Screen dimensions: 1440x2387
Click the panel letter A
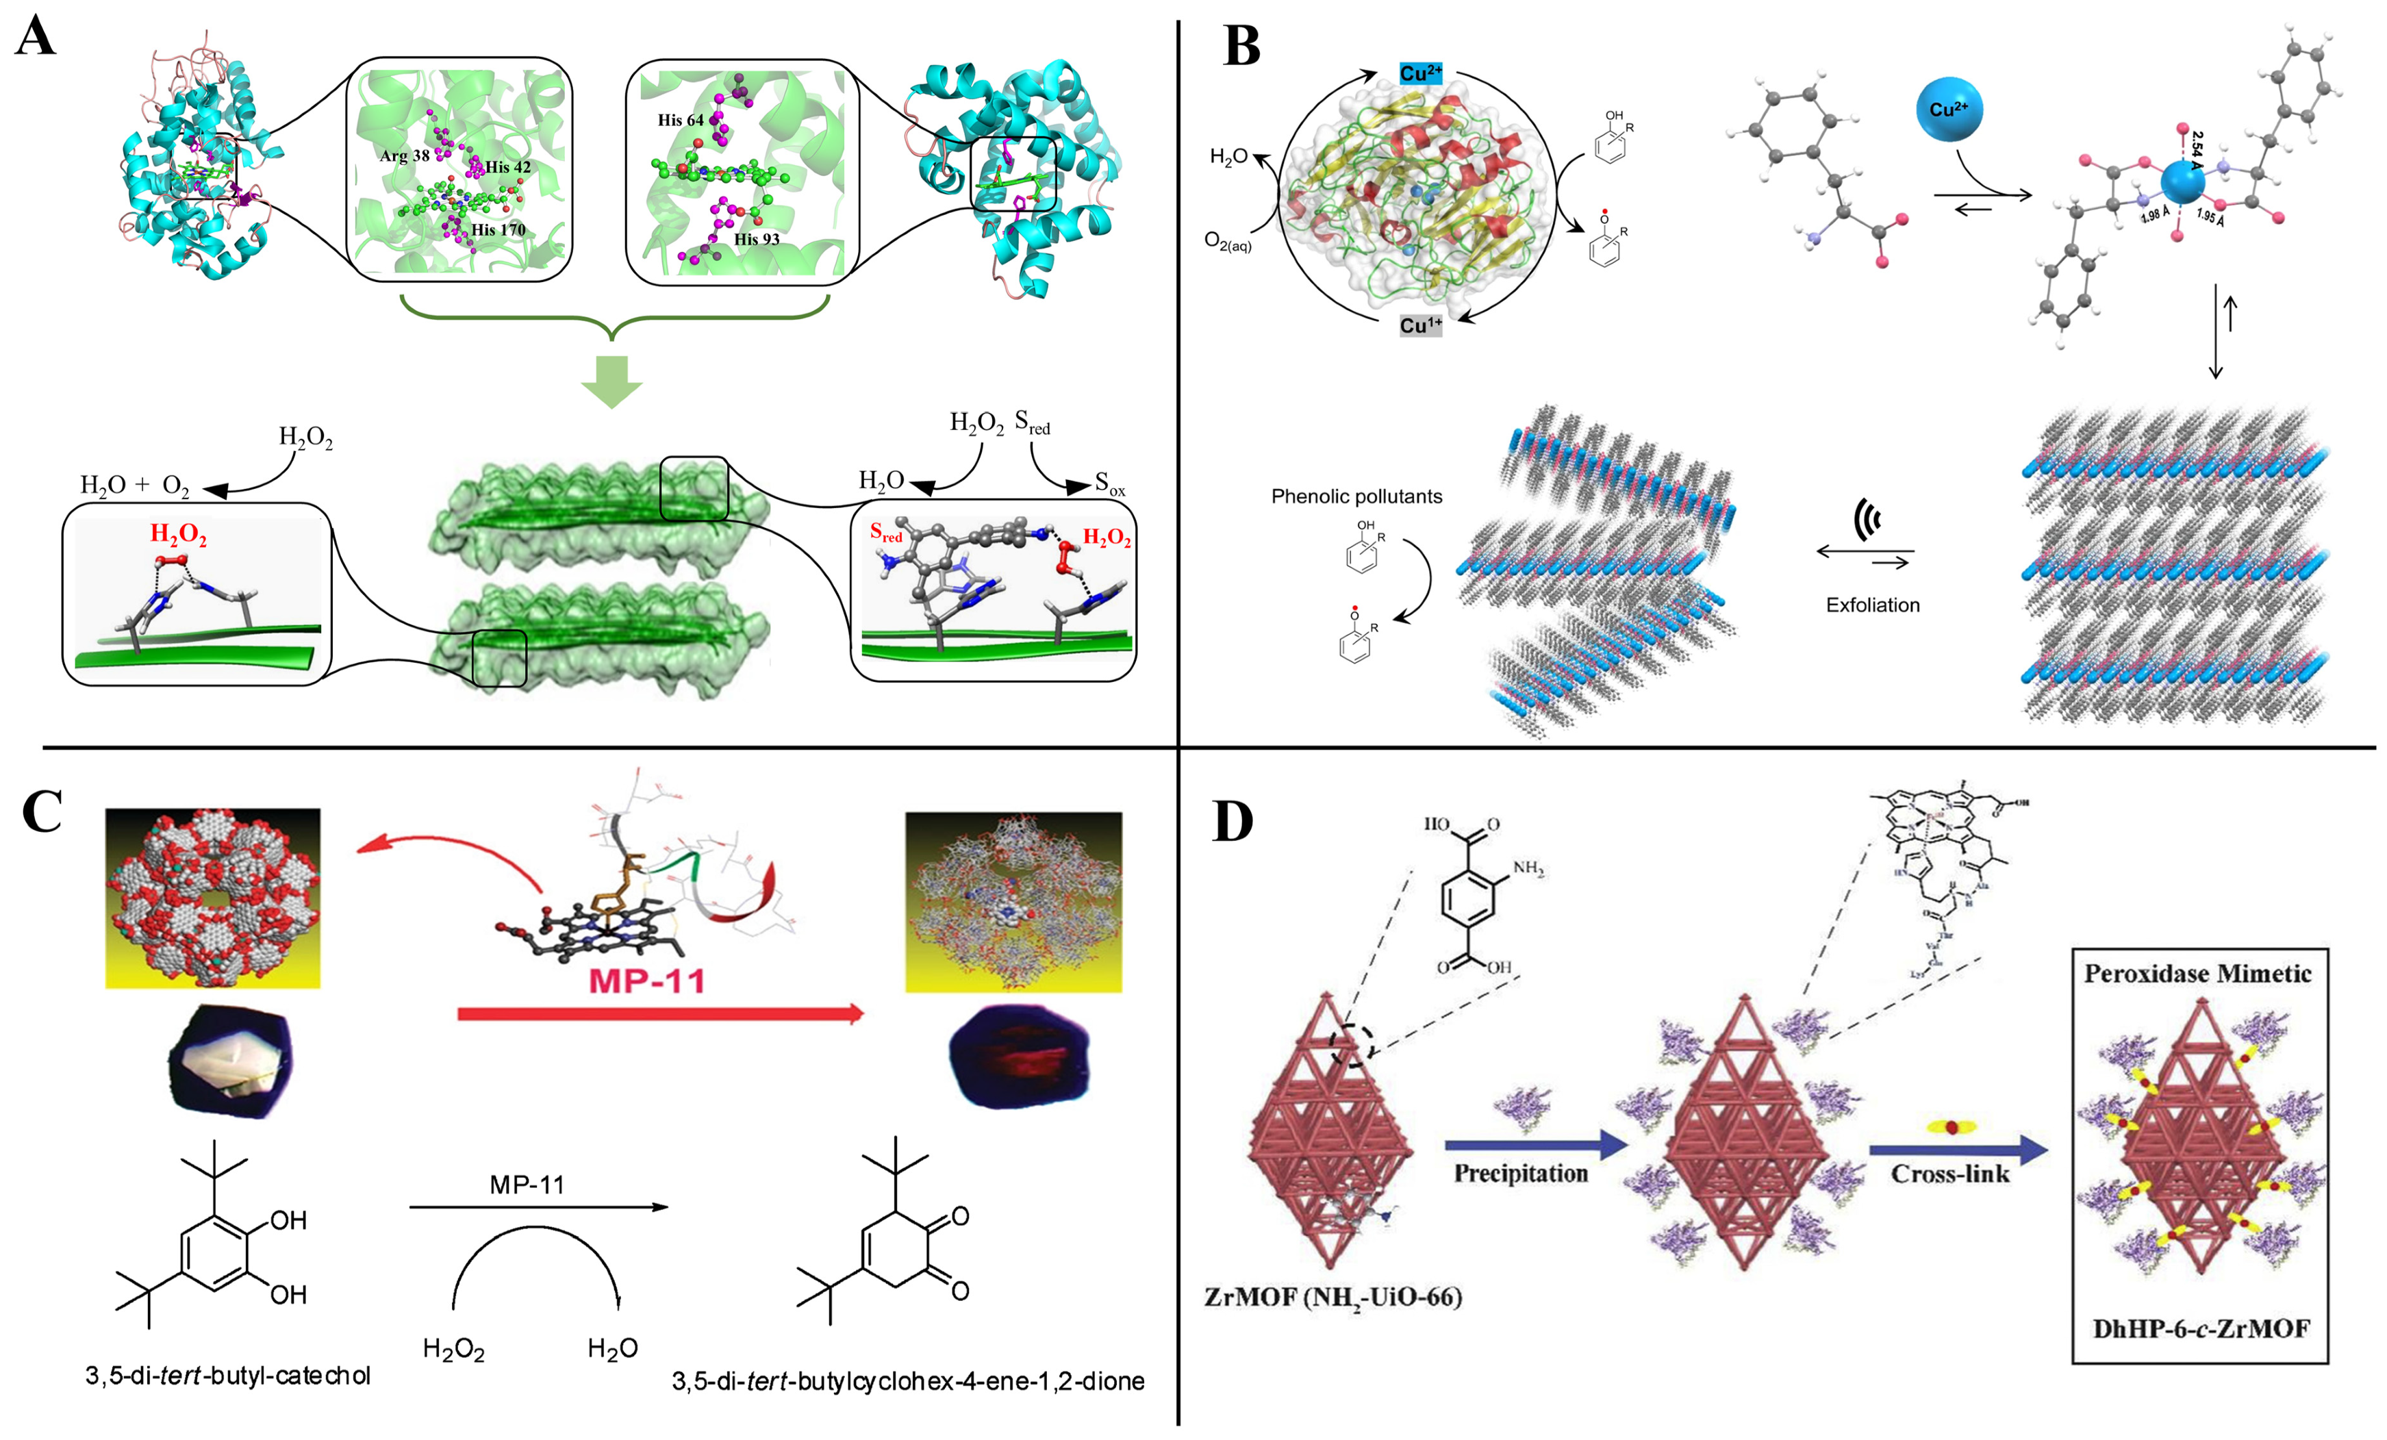coord(35,39)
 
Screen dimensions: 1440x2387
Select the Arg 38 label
coord(404,156)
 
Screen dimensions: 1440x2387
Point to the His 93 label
coord(756,240)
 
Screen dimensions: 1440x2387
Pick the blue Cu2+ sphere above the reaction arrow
coord(1948,110)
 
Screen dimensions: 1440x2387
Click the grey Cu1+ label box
coord(1420,326)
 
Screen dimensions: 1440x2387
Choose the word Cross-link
coord(1949,1174)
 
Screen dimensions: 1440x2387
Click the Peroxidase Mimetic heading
coord(2197,974)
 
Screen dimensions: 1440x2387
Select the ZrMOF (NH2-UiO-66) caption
coord(1332,1298)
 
